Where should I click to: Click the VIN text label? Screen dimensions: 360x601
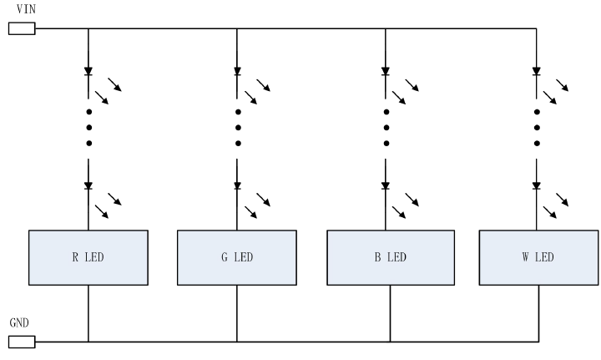pyautogui.click(x=26, y=8)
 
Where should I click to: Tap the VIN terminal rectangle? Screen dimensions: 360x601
pyautogui.click(x=22, y=29)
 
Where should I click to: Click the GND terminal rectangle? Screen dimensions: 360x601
pyautogui.click(x=22, y=341)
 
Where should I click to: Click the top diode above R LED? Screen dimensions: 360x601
pyautogui.click(x=88, y=72)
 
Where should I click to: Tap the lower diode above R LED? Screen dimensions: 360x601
pyautogui.click(x=88, y=186)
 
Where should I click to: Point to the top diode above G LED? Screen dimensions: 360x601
pyautogui.click(x=237, y=72)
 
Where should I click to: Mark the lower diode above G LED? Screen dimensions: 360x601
pyautogui.click(x=237, y=186)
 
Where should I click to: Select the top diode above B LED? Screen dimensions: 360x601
pyautogui.click(x=385, y=72)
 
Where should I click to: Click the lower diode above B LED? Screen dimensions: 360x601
pyautogui.click(x=385, y=186)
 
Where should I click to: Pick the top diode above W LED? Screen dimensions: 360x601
pyautogui.click(x=536, y=72)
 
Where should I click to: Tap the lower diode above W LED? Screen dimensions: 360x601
pyautogui.click(x=536, y=186)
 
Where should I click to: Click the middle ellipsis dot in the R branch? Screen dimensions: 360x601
pyautogui.click(x=88, y=128)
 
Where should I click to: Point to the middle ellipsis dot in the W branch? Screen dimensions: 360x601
pyautogui.click(x=536, y=128)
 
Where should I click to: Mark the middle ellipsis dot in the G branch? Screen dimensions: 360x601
pyautogui.click(x=237, y=128)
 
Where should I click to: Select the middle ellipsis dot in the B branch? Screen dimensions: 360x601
pyautogui.click(x=385, y=128)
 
